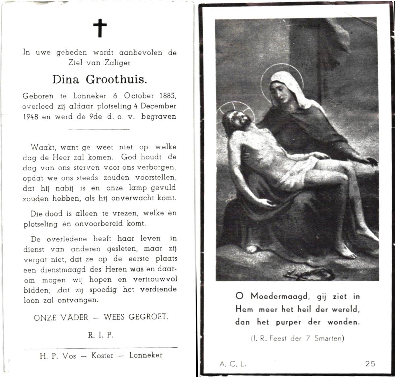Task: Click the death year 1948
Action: (31, 116)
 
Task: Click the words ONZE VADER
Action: (61, 317)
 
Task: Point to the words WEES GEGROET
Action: (136, 317)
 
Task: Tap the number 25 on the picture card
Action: (370, 364)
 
